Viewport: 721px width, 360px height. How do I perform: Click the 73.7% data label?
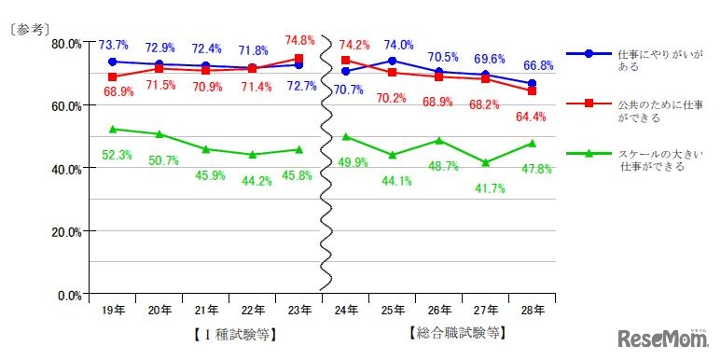pyautogui.click(x=113, y=45)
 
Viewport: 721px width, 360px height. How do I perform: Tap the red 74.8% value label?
pyautogui.click(x=299, y=40)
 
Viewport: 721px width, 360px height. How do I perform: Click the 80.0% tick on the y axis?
pyautogui.click(x=66, y=43)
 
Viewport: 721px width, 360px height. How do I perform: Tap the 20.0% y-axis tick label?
pyautogui.click(x=66, y=231)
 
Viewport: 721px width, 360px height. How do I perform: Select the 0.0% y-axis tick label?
pyautogui.click(x=69, y=295)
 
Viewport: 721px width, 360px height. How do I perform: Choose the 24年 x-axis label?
pyautogui.click(x=345, y=309)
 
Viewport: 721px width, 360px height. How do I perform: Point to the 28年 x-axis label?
pyautogui.click(x=533, y=309)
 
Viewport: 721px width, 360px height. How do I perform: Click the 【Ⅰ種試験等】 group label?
pyautogui.click(x=229, y=333)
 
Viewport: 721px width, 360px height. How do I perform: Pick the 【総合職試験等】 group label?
pyautogui.click(x=458, y=332)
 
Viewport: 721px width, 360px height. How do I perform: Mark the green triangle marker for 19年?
pyautogui.click(x=113, y=129)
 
